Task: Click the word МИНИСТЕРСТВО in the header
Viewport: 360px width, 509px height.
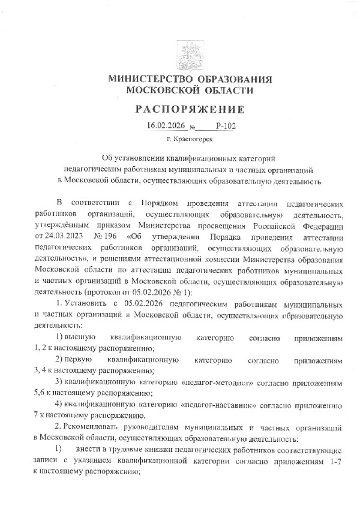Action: [x=148, y=80]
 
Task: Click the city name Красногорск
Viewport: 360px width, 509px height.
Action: [x=194, y=140]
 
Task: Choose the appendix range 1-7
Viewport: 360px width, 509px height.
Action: [x=334, y=460]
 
